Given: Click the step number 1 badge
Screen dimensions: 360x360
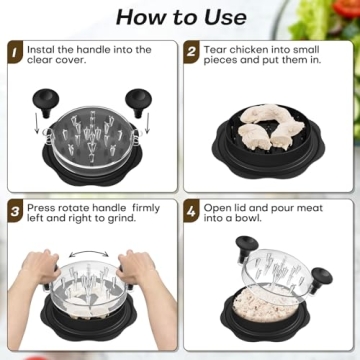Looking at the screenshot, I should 16,50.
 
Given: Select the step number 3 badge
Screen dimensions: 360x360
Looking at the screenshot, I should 16,212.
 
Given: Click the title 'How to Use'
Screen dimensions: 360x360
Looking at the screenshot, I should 180,16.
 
